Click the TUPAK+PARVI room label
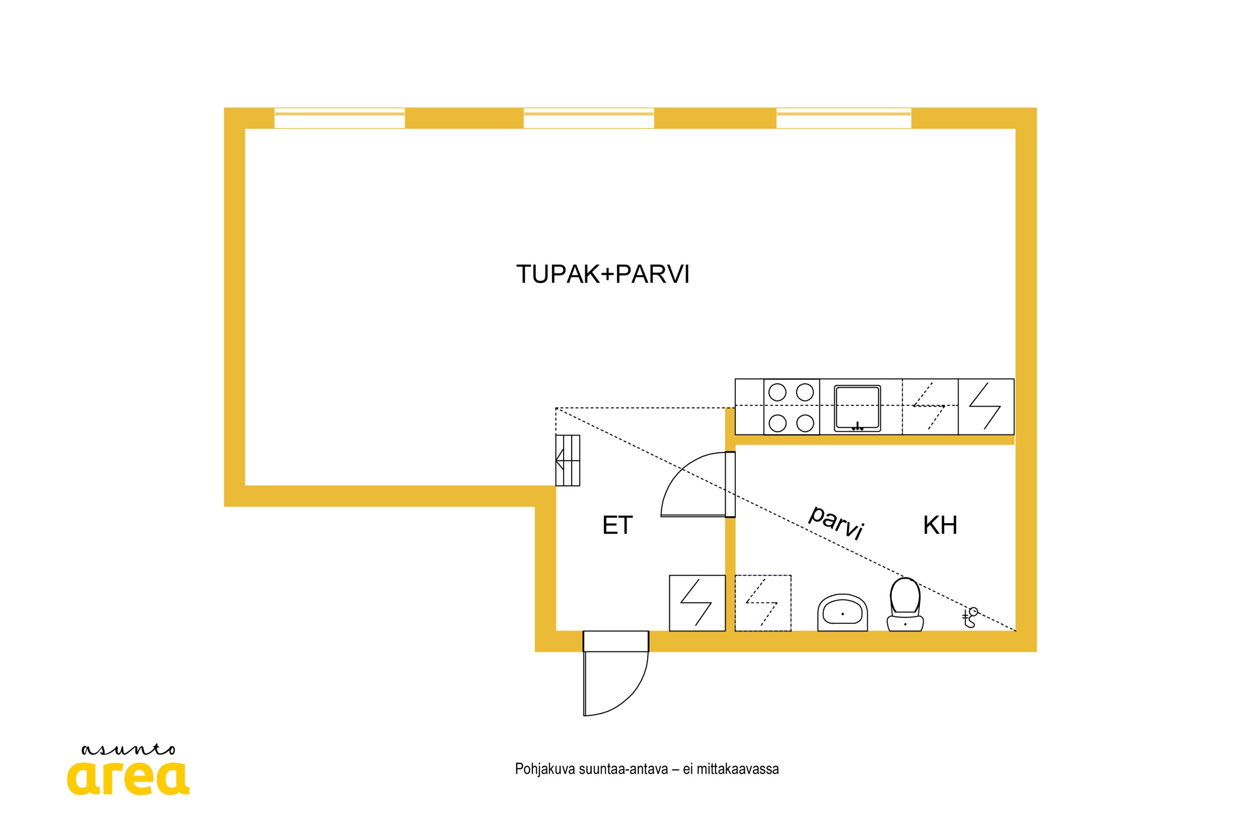(603, 274)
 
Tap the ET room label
(617, 525)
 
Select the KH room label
(940, 525)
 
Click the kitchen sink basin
(858, 408)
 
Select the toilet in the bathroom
(905, 605)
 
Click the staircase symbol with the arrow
(568, 461)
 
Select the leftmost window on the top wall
(339, 118)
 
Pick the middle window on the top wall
(589, 118)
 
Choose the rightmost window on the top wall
(844, 118)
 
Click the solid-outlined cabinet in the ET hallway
(697, 603)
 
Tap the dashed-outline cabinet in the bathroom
(763, 603)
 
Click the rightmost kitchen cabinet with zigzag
(986, 406)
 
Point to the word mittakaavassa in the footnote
(738, 769)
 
